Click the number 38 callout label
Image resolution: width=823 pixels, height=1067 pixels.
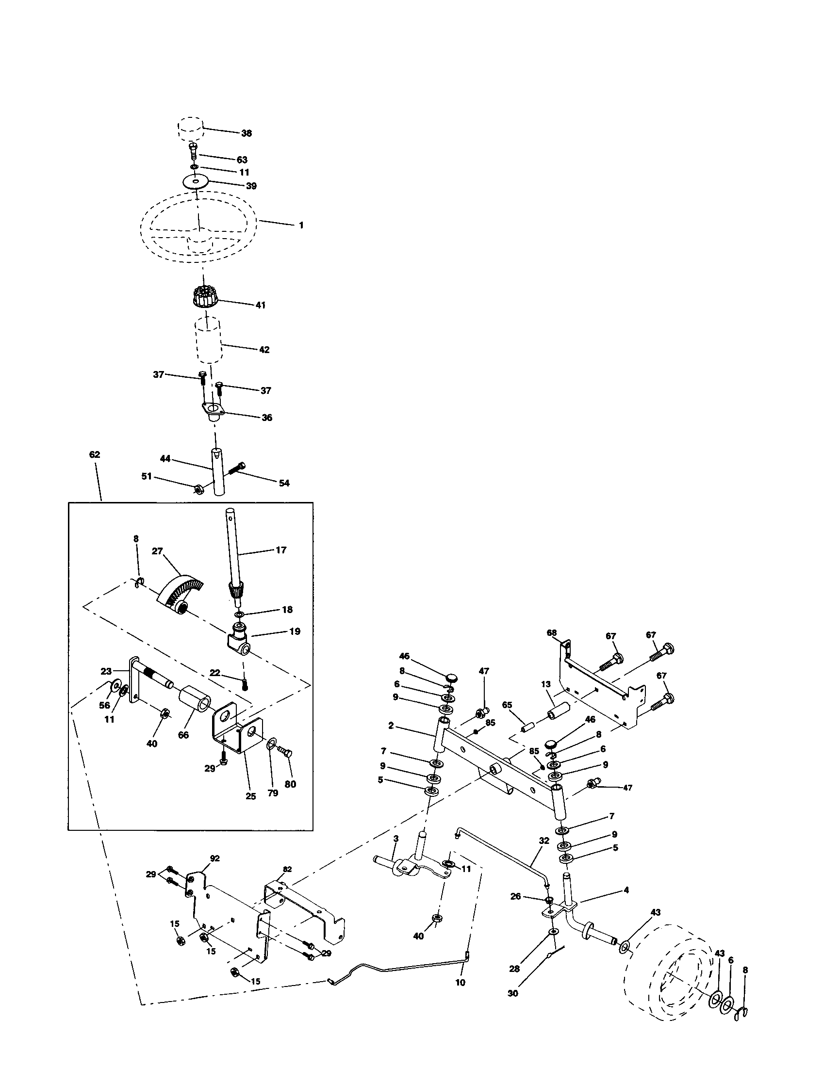(247, 133)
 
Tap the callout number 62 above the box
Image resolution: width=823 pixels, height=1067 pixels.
(94, 454)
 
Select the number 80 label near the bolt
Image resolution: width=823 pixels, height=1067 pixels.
(290, 784)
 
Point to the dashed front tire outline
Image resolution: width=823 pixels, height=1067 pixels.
(670, 972)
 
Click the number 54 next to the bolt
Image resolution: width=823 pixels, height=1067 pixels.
(284, 483)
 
